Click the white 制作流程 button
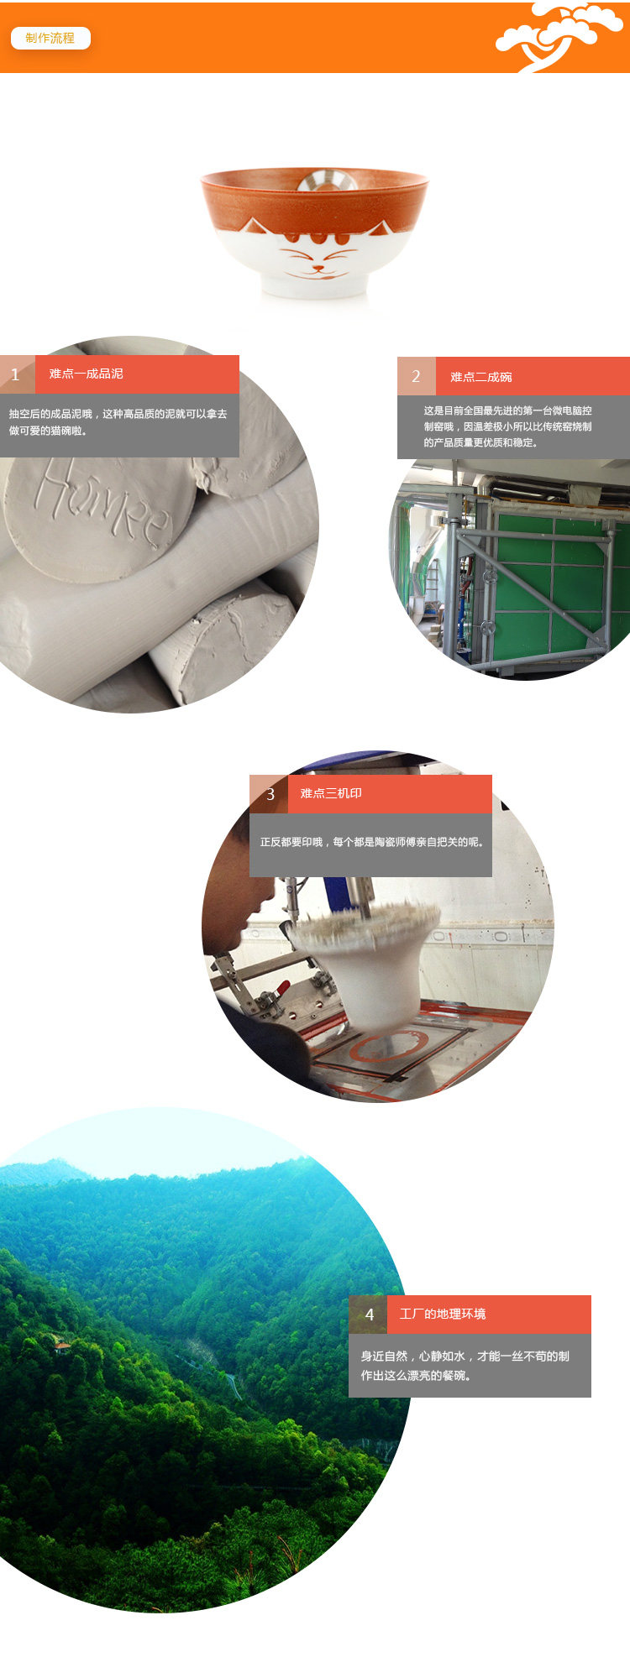50,38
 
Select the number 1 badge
17,374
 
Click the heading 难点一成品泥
86,374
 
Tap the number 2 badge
416,376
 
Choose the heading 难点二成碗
480,377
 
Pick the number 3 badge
269,794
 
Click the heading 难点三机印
331,793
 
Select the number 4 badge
368,1315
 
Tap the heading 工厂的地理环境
443,1314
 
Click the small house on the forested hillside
61,1346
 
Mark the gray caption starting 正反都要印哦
371,842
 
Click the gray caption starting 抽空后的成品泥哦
118,422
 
